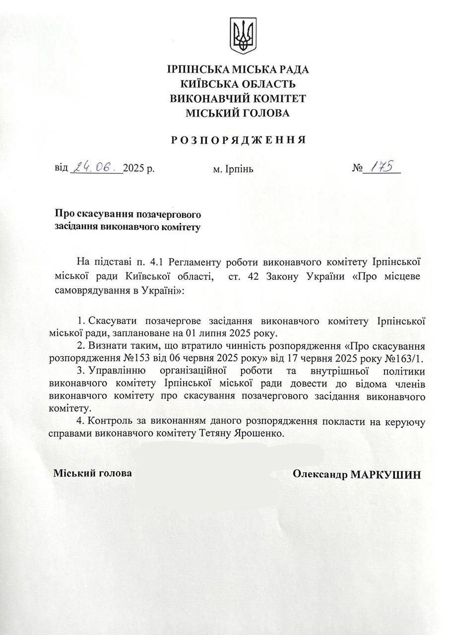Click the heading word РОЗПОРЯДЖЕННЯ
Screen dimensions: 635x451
pos(238,140)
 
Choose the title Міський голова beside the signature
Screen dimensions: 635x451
pos(93,473)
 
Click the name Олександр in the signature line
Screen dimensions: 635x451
pos(320,474)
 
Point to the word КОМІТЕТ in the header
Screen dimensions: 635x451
pos(279,98)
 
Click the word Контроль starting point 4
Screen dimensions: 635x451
pos(115,421)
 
